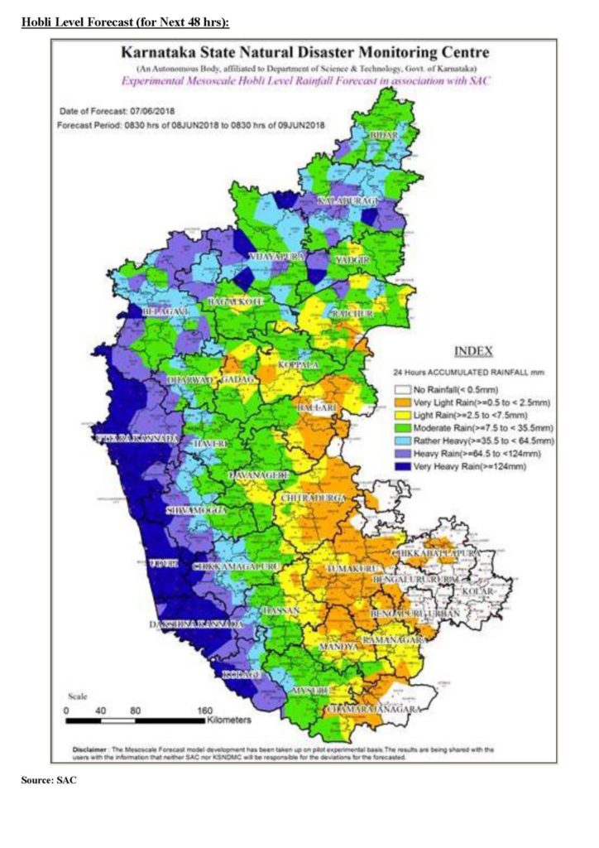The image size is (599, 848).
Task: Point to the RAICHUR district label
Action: click(353, 316)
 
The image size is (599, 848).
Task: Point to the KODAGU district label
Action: click(243, 675)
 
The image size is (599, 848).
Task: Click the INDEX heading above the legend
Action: click(473, 350)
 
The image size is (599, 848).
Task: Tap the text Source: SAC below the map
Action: click(49, 779)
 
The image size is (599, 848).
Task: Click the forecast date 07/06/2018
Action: click(154, 111)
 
